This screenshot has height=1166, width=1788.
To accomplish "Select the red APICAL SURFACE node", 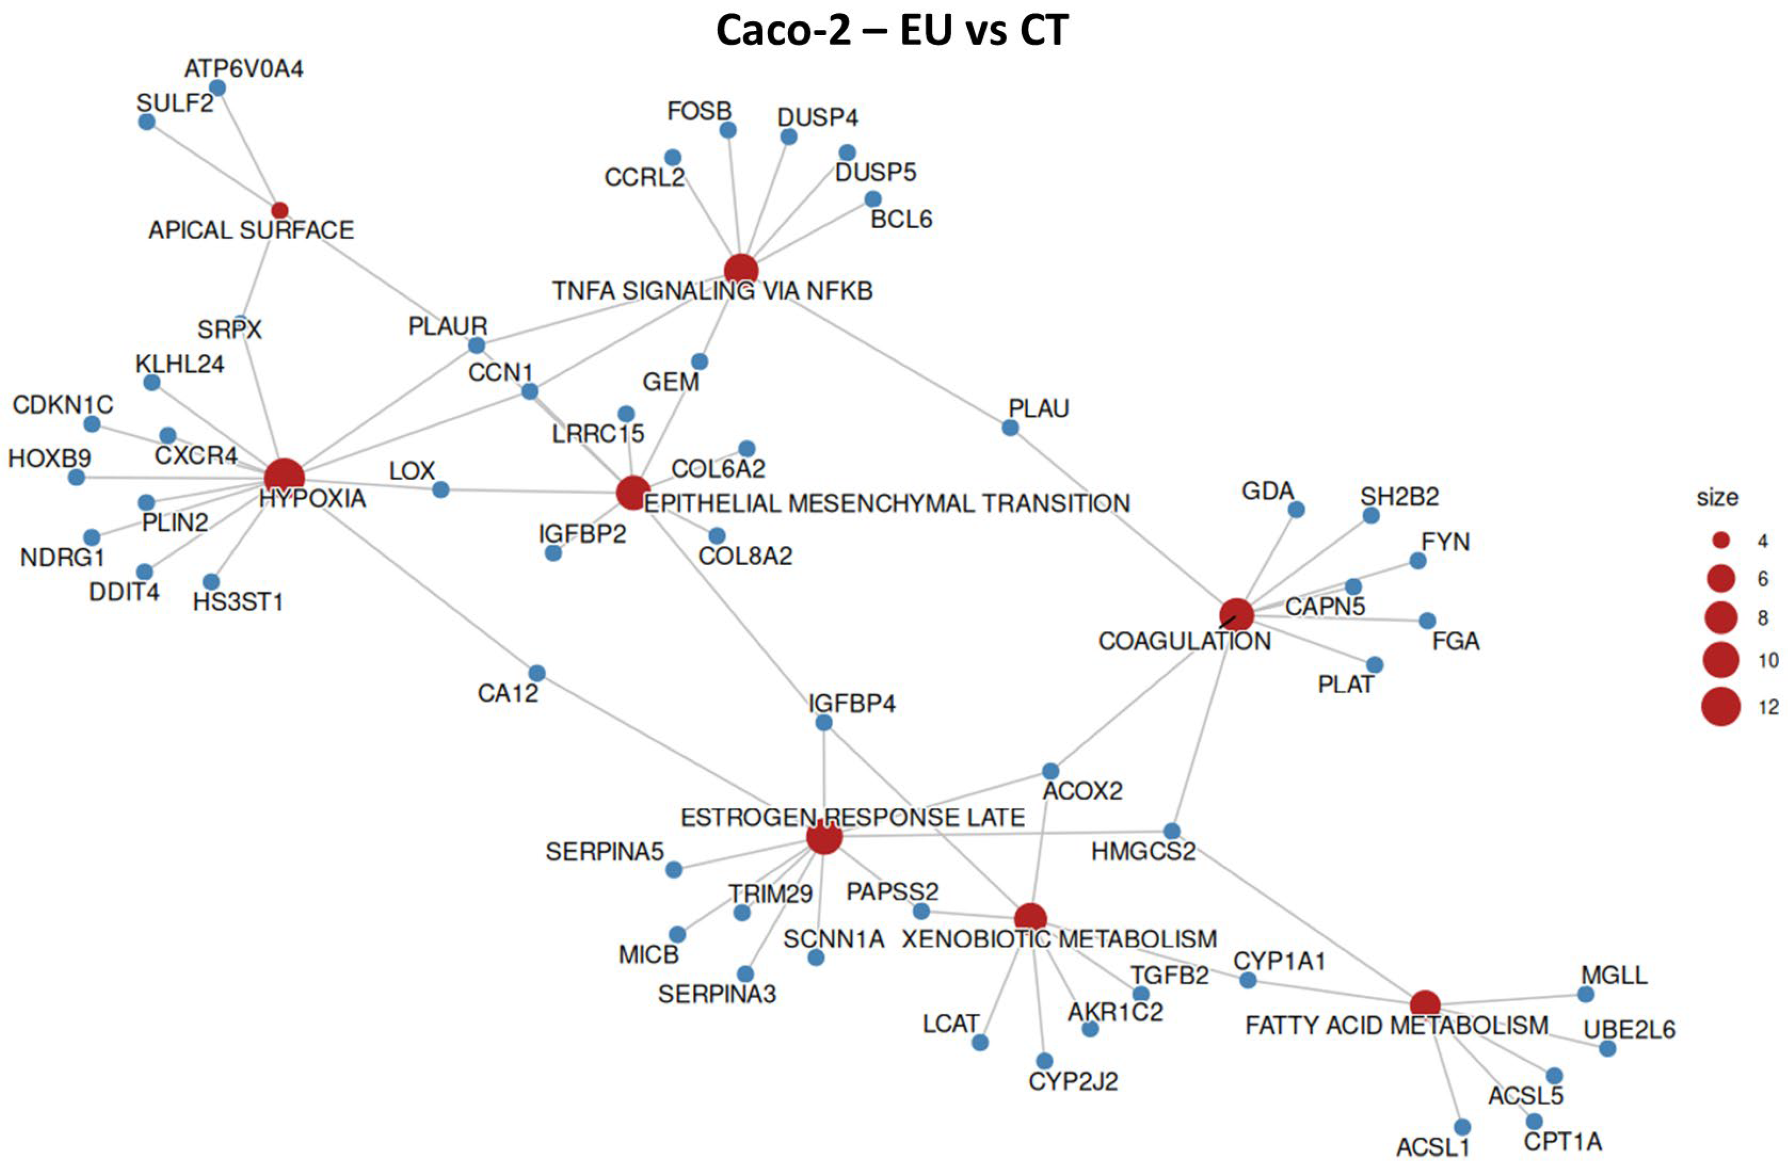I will [x=279, y=210].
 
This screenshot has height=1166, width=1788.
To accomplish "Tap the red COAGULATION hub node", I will [x=1236, y=615].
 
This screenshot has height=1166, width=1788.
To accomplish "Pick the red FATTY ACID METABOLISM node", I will [x=1424, y=1004].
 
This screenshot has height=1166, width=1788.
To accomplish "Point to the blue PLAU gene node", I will [x=1010, y=428].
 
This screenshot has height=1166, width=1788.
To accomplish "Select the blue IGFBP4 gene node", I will [x=823, y=723].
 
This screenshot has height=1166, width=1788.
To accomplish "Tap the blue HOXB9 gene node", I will [x=76, y=478].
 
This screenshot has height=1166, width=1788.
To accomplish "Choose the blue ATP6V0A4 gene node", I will [x=217, y=88].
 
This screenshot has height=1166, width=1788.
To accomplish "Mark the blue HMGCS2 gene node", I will [x=1171, y=831].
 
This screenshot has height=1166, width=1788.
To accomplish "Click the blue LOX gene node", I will [x=441, y=490].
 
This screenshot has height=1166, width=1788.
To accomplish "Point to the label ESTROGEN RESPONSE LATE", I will [x=852, y=817].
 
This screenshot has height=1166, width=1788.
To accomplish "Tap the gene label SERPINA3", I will [x=717, y=995].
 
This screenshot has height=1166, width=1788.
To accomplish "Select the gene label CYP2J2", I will [x=1073, y=1082].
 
